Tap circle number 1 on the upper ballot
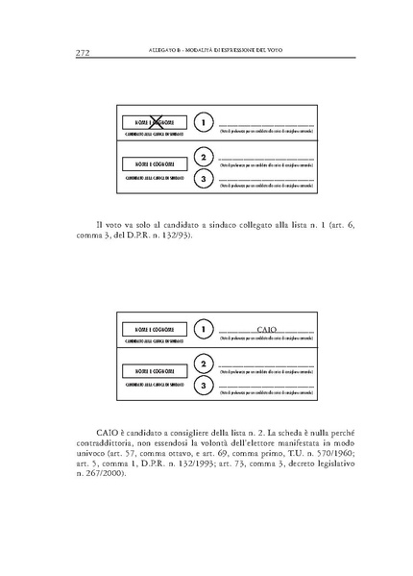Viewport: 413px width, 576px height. tap(202, 123)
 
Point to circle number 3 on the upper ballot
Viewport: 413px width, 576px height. tap(202, 179)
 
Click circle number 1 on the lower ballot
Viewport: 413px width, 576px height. tap(202, 330)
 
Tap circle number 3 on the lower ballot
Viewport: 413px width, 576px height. tap(202, 386)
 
